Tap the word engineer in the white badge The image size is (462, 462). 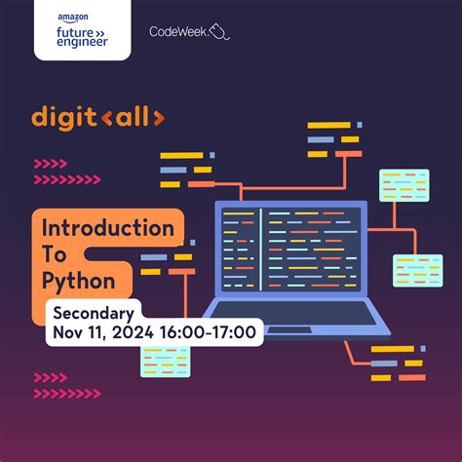pyautogui.click(x=82, y=44)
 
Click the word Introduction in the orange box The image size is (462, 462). pyautogui.click(x=107, y=230)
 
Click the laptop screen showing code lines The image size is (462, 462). pyautogui.click(x=289, y=251)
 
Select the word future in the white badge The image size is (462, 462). pyautogui.click(x=76, y=30)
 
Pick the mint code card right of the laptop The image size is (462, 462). pyautogui.click(x=417, y=270)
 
